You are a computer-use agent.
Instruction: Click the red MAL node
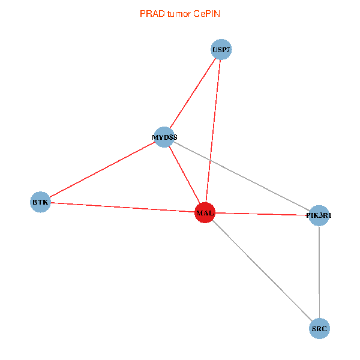tap(205, 213)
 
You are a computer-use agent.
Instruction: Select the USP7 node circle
tap(221, 50)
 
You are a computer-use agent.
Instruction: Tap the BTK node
tap(40, 202)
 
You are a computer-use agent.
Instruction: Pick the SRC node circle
tap(320, 329)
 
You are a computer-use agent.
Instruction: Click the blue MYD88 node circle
tap(164, 137)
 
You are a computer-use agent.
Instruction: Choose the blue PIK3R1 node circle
tap(319, 215)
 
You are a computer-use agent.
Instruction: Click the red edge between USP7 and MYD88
tap(193, 94)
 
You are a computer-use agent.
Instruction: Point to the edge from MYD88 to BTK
tap(102, 170)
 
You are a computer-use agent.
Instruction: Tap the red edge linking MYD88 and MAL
tap(184, 175)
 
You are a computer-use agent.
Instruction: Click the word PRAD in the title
tap(151, 13)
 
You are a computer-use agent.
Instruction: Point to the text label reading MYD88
tap(164, 137)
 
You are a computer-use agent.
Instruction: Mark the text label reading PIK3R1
tap(319, 215)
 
